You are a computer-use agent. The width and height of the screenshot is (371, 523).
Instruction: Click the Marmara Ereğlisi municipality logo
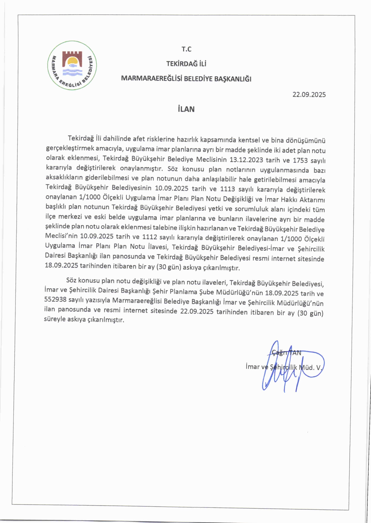(x=72, y=65)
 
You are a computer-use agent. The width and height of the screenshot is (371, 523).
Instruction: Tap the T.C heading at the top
(x=187, y=49)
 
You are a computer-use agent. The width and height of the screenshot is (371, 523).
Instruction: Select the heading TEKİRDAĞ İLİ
(x=186, y=64)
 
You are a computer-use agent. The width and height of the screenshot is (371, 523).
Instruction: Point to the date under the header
(x=309, y=95)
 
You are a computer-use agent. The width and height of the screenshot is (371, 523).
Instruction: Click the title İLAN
(x=186, y=109)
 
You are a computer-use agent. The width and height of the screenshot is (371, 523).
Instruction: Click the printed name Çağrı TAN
(x=286, y=353)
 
